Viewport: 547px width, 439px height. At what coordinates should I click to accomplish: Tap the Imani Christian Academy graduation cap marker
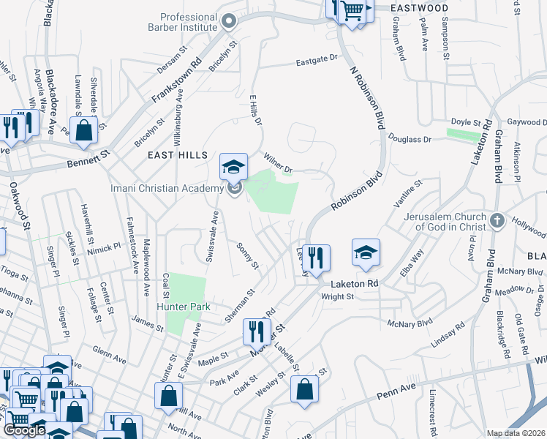[233, 168]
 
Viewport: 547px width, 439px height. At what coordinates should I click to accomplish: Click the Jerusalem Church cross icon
[497, 220]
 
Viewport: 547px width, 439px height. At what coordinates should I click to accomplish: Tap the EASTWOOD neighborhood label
[419, 7]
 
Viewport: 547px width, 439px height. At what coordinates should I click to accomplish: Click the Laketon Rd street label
[355, 283]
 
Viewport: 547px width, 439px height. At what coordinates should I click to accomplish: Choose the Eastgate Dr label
[317, 58]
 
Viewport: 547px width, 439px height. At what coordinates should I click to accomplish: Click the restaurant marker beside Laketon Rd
[316, 258]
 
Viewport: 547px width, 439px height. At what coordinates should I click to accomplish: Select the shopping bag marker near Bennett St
[84, 130]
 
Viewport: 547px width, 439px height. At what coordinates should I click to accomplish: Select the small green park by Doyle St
[463, 135]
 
